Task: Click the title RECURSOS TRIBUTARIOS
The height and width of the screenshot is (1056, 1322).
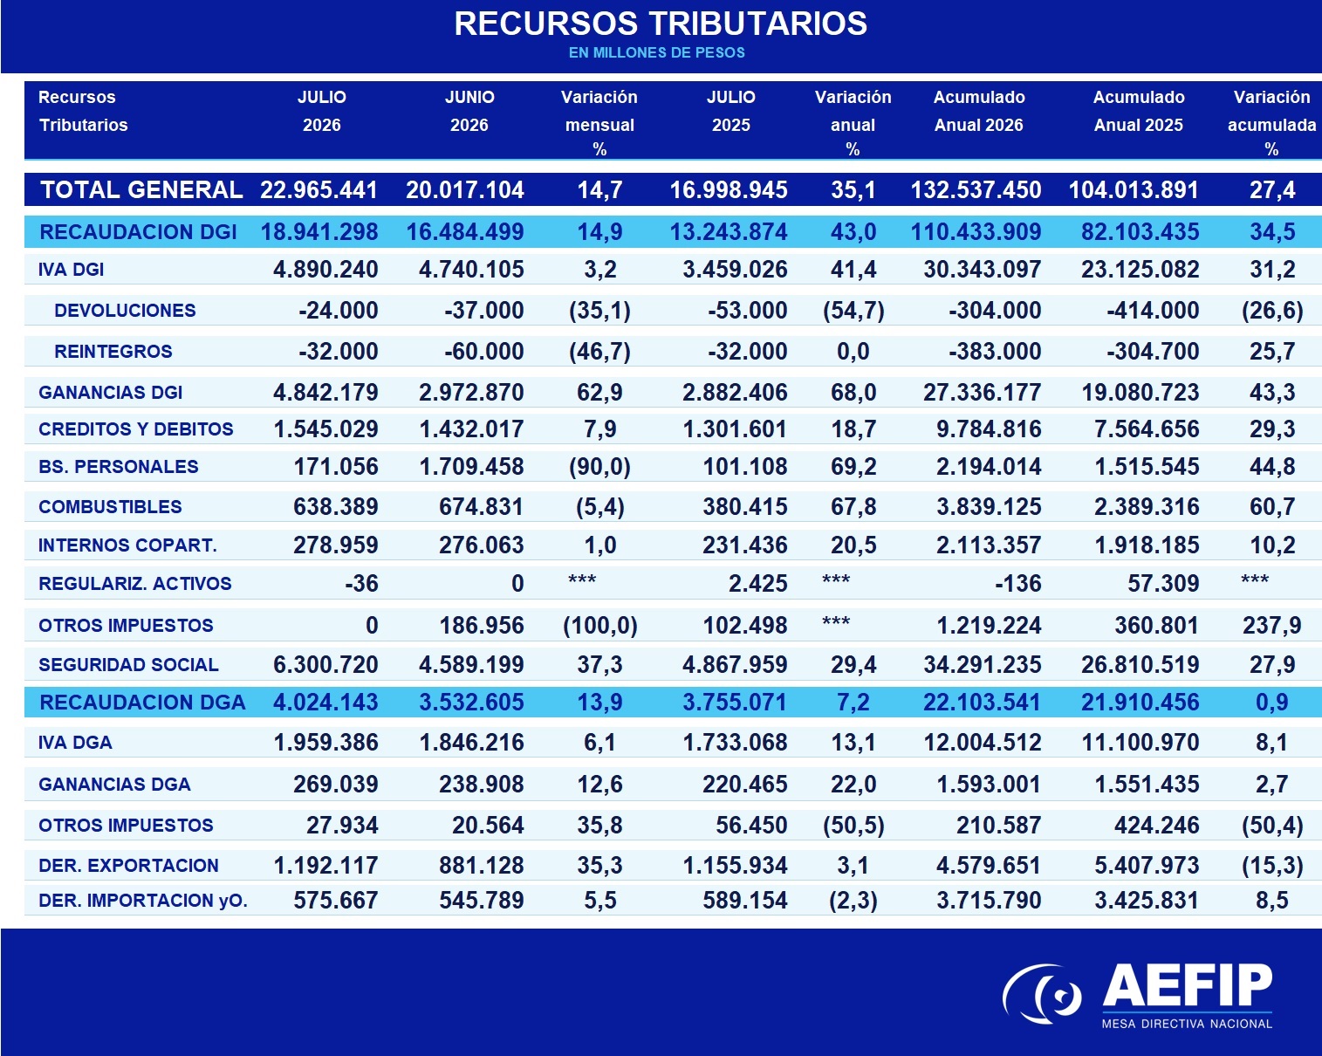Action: tap(661, 24)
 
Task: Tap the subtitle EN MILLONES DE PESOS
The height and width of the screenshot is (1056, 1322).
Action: tap(657, 53)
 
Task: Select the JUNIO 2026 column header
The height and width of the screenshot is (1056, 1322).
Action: tap(469, 111)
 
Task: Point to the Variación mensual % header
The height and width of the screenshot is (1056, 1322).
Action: tap(599, 123)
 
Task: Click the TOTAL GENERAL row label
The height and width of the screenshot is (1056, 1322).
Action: tap(141, 190)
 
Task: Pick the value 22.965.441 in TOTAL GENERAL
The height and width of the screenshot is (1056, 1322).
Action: tap(319, 190)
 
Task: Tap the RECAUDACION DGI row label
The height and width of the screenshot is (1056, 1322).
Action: tap(138, 231)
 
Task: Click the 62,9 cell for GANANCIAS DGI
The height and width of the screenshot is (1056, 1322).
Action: tap(599, 392)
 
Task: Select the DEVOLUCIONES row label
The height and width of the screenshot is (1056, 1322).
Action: tap(125, 310)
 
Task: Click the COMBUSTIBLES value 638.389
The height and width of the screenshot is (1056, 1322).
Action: tap(335, 507)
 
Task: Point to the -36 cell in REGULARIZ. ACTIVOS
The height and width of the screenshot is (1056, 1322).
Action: tap(361, 583)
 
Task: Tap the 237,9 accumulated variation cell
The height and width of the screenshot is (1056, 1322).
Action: tap(1271, 626)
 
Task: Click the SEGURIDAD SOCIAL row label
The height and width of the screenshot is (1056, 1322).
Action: tap(128, 665)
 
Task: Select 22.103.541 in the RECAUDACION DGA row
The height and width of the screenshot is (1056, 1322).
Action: tap(982, 703)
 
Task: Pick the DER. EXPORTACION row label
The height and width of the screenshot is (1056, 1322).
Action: tap(128, 866)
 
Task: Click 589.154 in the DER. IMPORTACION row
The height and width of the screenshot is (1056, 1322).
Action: tap(744, 901)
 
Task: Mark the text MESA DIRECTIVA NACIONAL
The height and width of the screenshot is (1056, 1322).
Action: tap(1187, 1024)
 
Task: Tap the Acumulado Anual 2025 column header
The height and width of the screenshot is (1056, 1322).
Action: tap(1139, 111)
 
